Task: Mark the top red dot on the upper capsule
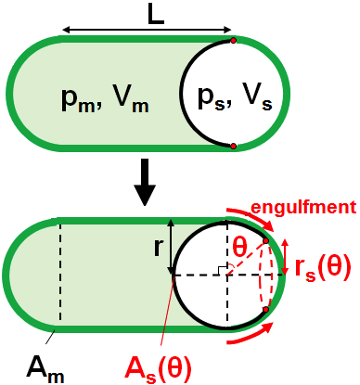[233, 40]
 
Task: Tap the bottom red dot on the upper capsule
[233, 146]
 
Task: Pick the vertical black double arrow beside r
[172, 248]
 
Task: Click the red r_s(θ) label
[322, 267]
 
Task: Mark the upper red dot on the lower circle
[266, 241]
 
